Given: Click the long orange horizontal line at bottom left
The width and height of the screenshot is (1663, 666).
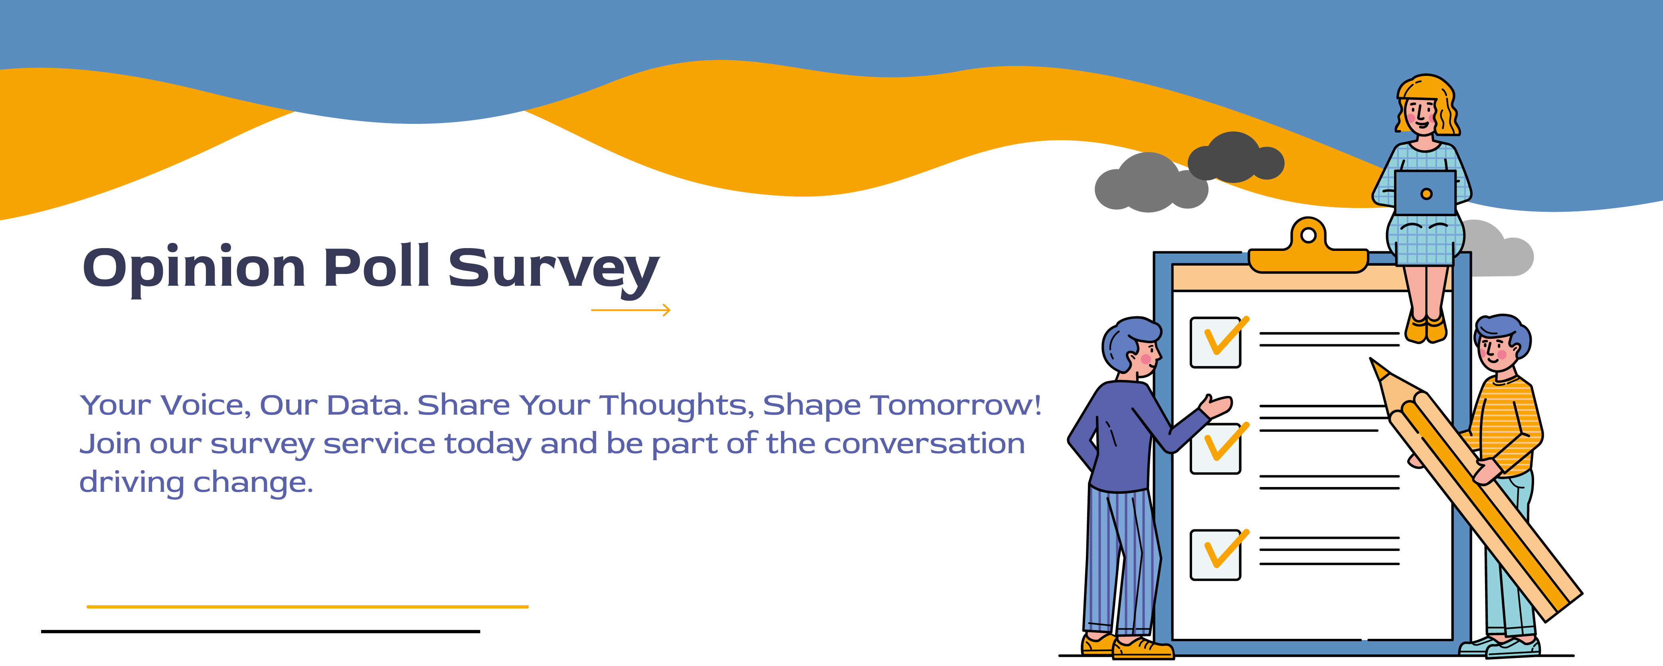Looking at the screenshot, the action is pyautogui.click(x=307, y=606).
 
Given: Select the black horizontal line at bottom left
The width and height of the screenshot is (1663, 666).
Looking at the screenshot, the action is pyautogui.click(x=260, y=631).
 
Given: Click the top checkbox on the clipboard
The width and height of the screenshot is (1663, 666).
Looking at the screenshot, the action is pyautogui.click(x=1215, y=342).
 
